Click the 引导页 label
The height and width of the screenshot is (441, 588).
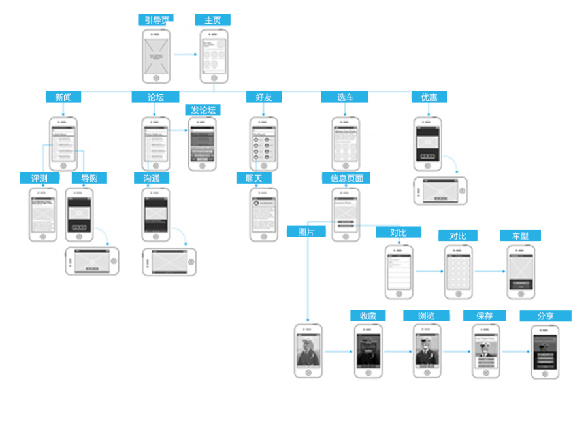[155, 20]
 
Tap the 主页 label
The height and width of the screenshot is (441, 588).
[213, 20]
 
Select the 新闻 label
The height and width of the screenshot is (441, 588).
[63, 97]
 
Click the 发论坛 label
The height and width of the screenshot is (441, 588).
[203, 110]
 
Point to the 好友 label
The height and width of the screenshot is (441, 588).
[263, 97]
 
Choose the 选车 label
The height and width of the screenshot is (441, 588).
[344, 97]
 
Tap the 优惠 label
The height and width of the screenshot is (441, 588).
[429, 97]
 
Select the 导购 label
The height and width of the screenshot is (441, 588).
[90, 178]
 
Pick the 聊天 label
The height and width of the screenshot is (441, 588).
[254, 178]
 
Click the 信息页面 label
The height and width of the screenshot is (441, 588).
[346, 178]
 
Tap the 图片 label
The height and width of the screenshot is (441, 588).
[306, 231]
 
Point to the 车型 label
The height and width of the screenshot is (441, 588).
[520, 236]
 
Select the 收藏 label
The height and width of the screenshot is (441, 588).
[368, 316]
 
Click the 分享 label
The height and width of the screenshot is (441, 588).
[546, 316]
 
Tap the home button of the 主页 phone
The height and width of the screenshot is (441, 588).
[214, 78]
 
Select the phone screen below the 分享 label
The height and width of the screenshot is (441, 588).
[545, 351]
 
